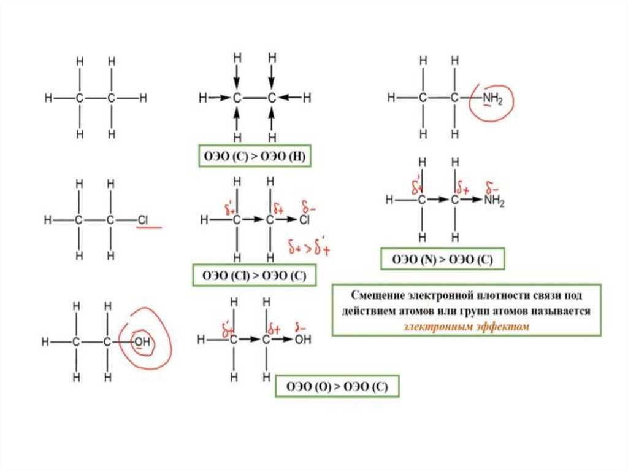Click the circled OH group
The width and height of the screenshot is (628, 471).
pyautogui.click(x=142, y=341)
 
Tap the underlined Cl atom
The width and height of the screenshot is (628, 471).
pyautogui.click(x=142, y=219)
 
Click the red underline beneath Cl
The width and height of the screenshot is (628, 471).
pyautogui.click(x=149, y=228)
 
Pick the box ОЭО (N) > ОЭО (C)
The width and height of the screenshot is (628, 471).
pyautogui.click(x=443, y=260)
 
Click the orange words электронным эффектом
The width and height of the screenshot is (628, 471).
pyautogui.click(x=465, y=327)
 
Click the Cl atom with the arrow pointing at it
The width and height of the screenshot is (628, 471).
pyautogui.click(x=305, y=219)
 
